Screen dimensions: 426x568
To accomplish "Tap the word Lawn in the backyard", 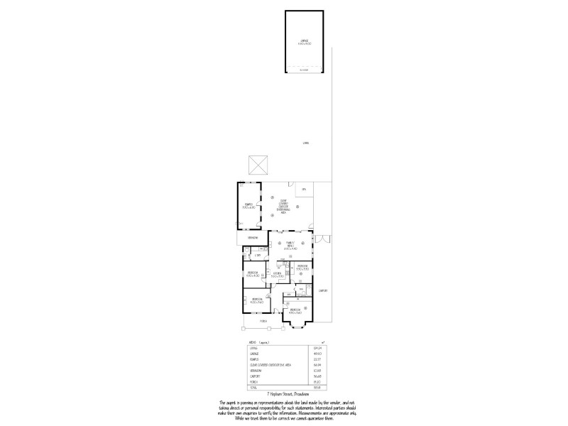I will [305, 143].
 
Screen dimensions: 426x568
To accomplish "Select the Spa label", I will [303, 190].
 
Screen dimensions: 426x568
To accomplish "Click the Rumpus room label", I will [248, 206].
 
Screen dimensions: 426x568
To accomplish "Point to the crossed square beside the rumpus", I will [256, 165].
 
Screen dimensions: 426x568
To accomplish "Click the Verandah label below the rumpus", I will [253, 237].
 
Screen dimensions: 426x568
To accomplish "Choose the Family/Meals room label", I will [290, 246].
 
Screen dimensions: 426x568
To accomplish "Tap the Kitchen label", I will [277, 273].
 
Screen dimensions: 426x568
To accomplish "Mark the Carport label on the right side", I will [322, 290].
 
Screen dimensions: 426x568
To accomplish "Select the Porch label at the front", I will [263, 320].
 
